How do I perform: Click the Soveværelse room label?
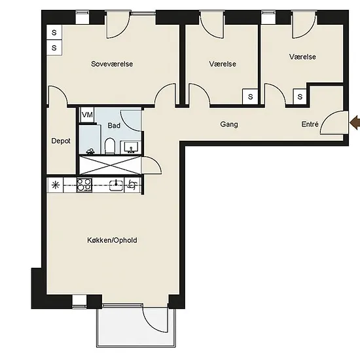point(112,64)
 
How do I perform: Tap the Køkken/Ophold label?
point(112,240)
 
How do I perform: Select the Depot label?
point(61,141)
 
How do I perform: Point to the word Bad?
point(114,126)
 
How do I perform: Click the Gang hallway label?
point(229,124)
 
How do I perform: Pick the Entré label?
point(310,124)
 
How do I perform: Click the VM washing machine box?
point(87,115)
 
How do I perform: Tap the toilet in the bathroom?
point(110,145)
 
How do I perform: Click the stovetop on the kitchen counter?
point(84,185)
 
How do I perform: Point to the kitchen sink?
point(117,185)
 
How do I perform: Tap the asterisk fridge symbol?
point(56,185)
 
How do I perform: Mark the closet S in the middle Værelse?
point(250,97)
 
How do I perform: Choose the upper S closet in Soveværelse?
point(54,33)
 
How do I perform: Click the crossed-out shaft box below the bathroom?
point(110,165)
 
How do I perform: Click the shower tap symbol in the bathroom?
point(90,151)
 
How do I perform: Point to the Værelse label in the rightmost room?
point(302,57)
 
